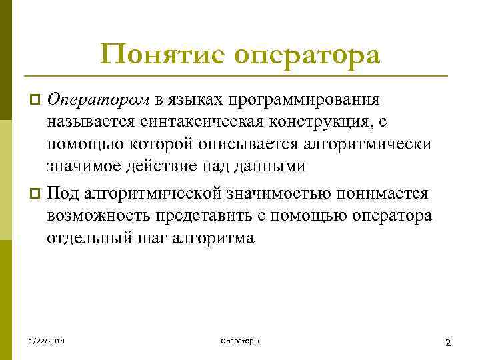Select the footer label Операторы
(x=239, y=341)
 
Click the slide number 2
(x=448, y=342)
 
